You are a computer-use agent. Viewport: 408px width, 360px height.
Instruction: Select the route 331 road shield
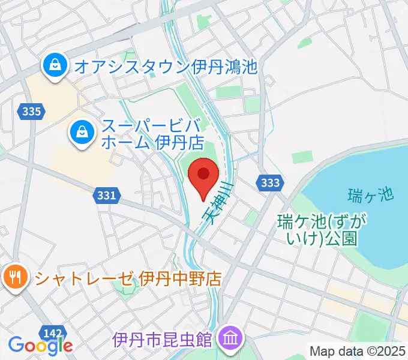pyautogui.click(x=106, y=195)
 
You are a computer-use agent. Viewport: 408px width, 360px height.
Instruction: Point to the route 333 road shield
pyautogui.click(x=269, y=182)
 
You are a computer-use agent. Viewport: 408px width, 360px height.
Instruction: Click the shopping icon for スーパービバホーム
pyautogui.click(x=80, y=133)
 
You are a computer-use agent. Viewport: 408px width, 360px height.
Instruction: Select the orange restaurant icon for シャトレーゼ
pyautogui.click(x=13, y=277)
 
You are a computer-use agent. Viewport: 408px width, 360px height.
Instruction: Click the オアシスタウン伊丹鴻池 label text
pyautogui.click(x=166, y=65)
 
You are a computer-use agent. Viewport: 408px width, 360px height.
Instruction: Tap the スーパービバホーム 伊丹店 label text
pyautogui.click(x=142, y=134)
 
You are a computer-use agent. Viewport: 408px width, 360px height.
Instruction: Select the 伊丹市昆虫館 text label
pyautogui.click(x=162, y=340)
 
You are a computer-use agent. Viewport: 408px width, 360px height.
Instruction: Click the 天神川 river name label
pyautogui.click(x=217, y=204)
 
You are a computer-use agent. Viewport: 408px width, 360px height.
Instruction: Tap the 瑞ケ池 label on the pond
pyautogui.click(x=370, y=194)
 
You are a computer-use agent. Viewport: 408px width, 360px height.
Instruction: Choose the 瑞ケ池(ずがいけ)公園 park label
pyautogui.click(x=318, y=230)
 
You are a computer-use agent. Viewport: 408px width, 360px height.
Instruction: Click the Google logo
pyautogui.click(x=40, y=345)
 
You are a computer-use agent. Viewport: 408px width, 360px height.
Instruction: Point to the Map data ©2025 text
pyautogui.click(x=358, y=351)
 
